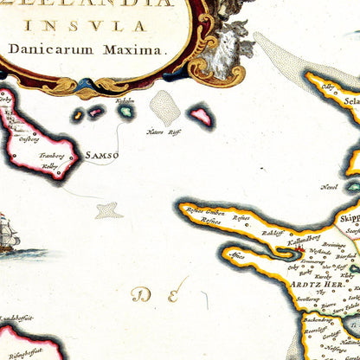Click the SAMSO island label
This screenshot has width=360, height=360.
[x=102, y=156]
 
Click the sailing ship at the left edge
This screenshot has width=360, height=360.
[x=9, y=234]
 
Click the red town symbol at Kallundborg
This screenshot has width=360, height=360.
[x=299, y=250]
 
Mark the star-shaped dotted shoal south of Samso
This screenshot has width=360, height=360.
[x=108, y=209]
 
